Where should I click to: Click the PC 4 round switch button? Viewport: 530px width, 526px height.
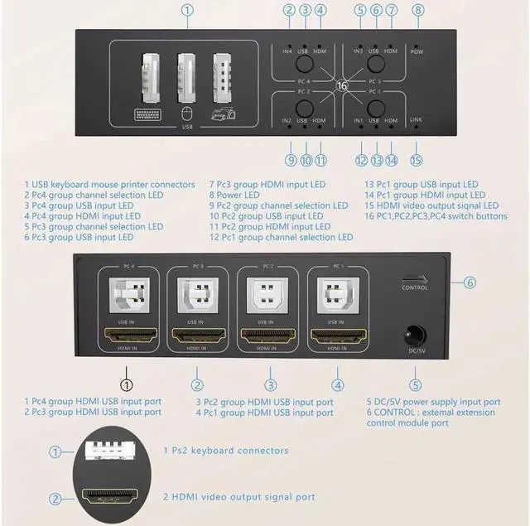(303, 62)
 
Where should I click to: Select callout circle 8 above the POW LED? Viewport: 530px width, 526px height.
(417, 11)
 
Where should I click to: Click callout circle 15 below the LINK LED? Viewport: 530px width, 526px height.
(416, 160)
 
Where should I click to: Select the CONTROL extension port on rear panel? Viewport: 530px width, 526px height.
(415, 278)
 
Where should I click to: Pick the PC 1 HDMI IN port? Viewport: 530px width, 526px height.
(336, 336)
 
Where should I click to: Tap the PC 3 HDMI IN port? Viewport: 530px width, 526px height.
(196, 336)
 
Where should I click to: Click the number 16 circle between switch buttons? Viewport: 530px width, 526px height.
(340, 84)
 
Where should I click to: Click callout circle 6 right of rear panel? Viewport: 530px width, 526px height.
(470, 282)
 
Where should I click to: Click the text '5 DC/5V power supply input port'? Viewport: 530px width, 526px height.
(433, 402)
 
